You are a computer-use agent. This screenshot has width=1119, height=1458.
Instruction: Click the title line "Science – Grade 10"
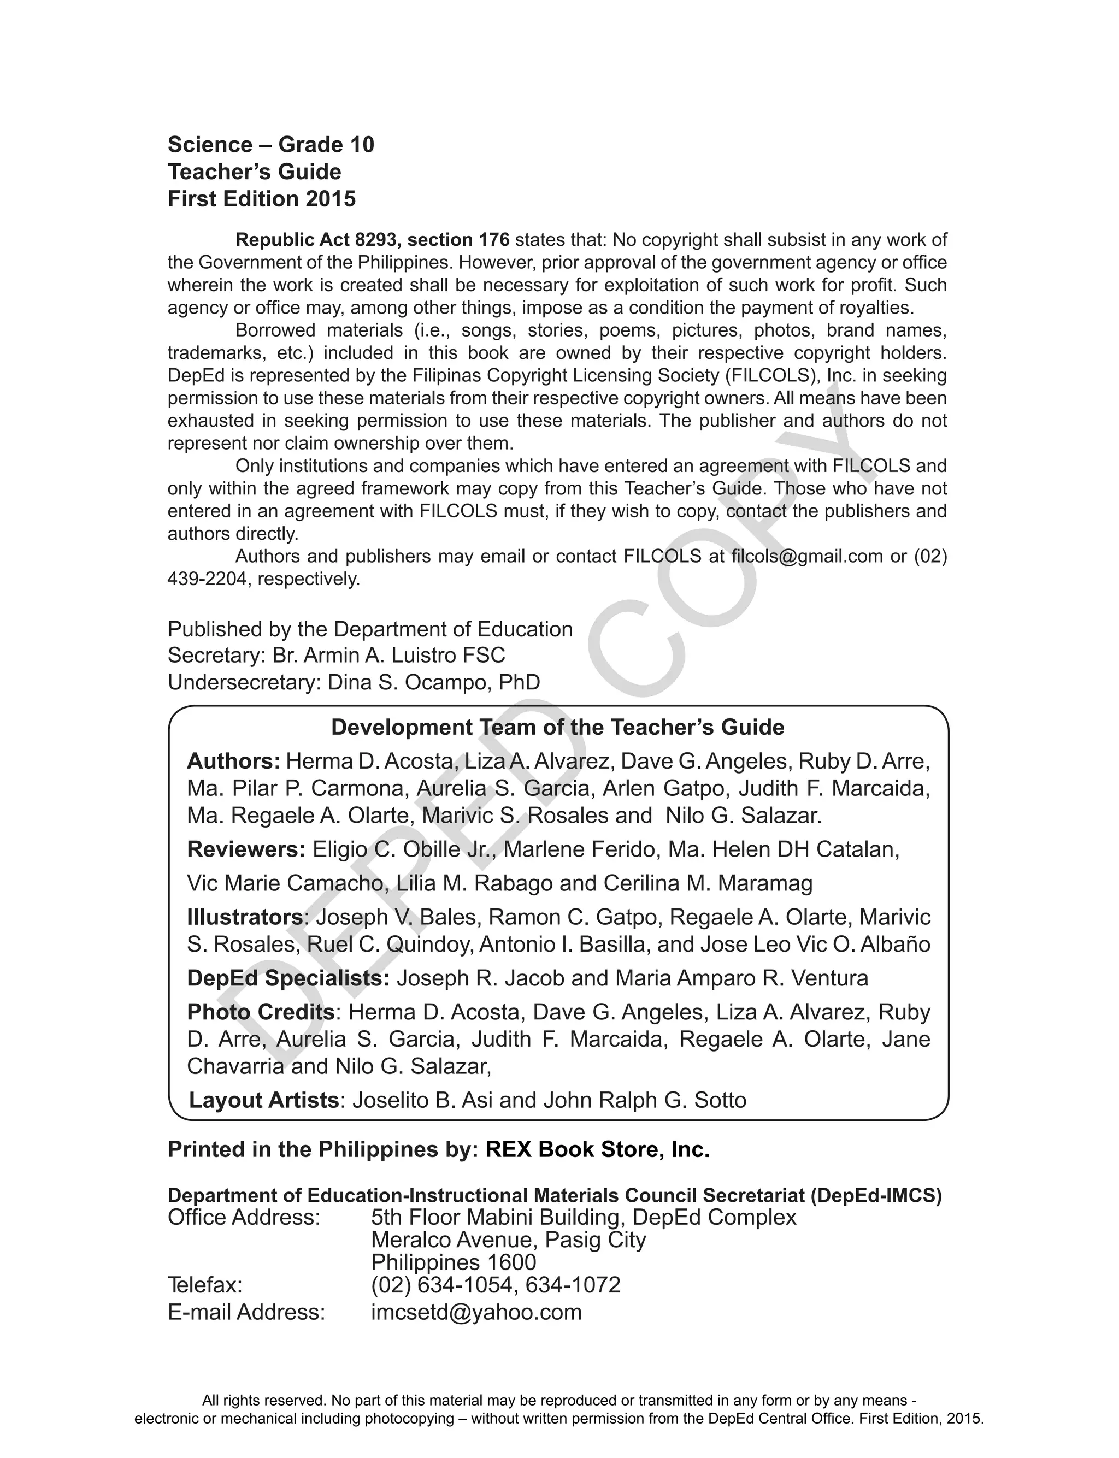coord(270,144)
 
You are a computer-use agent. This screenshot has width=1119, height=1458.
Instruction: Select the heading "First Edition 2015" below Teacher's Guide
coord(262,199)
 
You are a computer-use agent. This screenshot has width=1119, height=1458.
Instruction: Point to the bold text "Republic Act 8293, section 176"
coord(372,240)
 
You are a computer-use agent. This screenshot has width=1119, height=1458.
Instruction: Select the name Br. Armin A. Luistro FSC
coord(388,655)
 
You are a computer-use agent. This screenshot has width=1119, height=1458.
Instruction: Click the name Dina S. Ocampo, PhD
coord(434,682)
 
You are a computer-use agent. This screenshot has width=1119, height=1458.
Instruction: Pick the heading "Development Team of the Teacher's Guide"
coord(557,727)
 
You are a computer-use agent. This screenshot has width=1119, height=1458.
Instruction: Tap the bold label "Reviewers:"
coord(246,849)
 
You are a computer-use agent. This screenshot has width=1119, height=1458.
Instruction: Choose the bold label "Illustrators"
coord(244,917)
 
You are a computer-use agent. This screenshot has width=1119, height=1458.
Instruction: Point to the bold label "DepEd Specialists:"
coord(288,978)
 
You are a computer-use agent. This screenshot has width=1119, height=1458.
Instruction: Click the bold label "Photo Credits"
coord(261,1012)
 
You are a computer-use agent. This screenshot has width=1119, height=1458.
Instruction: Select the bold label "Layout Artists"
coord(264,1100)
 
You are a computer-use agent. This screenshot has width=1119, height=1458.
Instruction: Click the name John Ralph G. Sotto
coord(645,1100)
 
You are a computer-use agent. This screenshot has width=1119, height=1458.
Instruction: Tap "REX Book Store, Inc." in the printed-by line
coord(597,1149)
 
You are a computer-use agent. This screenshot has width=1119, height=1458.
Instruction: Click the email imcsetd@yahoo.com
coord(476,1312)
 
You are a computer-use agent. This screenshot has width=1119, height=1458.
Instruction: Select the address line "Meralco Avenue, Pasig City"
coord(508,1239)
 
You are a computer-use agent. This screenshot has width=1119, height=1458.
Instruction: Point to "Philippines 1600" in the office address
coord(453,1262)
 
